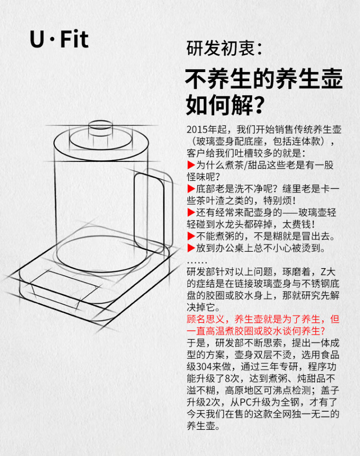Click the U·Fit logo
point(59,39)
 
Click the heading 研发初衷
point(220,48)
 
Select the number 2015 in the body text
point(197,129)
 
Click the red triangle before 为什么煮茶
point(191,165)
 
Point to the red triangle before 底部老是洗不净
point(191,189)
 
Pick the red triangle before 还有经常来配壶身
point(191,212)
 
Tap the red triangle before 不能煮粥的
point(191,236)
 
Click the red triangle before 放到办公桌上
point(191,248)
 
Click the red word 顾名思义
point(205,319)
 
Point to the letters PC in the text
point(245,402)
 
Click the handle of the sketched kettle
point(154,210)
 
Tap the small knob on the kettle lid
point(100,128)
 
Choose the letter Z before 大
point(324,272)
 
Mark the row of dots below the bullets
point(197,263)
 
